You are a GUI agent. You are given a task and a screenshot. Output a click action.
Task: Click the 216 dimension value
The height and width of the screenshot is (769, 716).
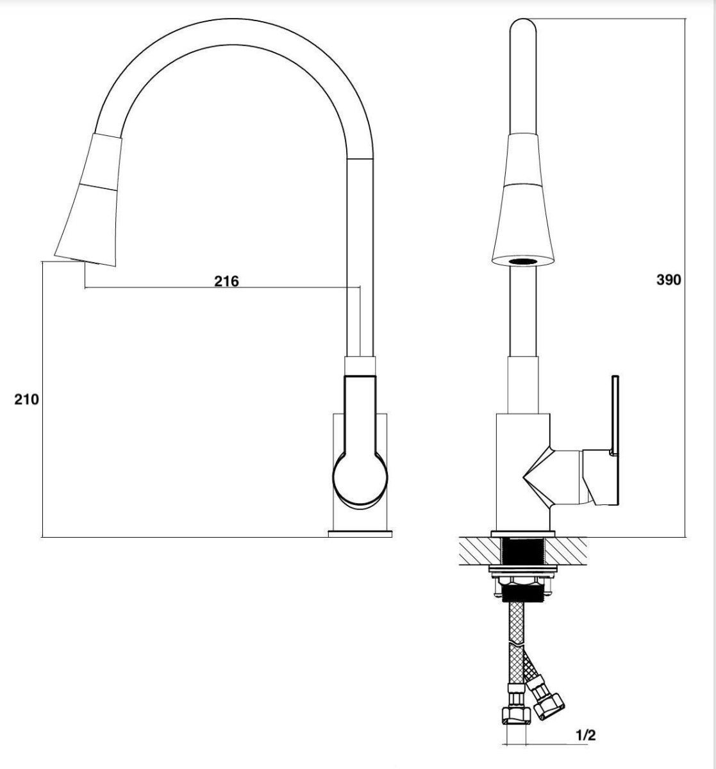tap(227, 281)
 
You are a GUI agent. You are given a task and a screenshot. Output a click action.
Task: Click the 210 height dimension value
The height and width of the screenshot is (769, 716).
tap(27, 399)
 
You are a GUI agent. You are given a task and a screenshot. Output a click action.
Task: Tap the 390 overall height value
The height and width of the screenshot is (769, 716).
tap(669, 279)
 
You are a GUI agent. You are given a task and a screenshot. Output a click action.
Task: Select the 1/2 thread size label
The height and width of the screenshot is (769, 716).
tap(585, 735)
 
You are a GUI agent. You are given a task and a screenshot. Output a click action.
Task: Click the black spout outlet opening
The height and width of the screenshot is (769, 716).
tap(523, 261)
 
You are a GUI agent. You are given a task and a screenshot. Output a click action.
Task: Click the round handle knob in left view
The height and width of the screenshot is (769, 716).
tap(360, 480)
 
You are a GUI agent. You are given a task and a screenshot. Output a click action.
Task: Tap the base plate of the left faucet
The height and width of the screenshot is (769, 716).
tap(360, 534)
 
